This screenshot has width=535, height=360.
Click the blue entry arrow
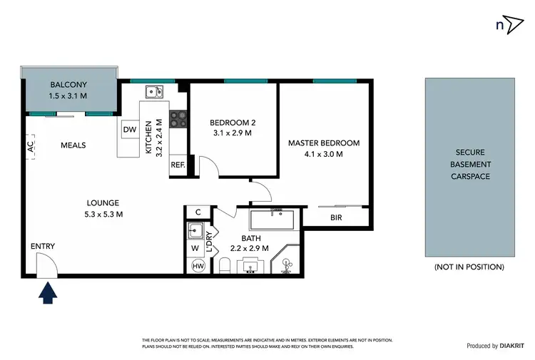coord(49,293)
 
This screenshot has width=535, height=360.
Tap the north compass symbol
coord(508,24)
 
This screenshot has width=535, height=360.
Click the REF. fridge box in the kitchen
coord(178,165)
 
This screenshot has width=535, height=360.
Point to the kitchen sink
coord(153,91)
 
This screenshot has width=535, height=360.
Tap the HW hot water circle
coord(198,267)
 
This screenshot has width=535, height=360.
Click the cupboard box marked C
coord(198,212)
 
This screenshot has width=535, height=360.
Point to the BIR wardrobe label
coord(335,217)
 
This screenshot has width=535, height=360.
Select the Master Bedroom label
coord(324,143)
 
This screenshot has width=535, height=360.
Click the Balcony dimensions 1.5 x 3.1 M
coord(68,96)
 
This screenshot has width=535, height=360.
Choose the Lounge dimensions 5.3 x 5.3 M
coord(99,214)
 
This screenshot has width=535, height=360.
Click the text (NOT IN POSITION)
coord(469,267)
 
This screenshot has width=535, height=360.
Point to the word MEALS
coord(73,145)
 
